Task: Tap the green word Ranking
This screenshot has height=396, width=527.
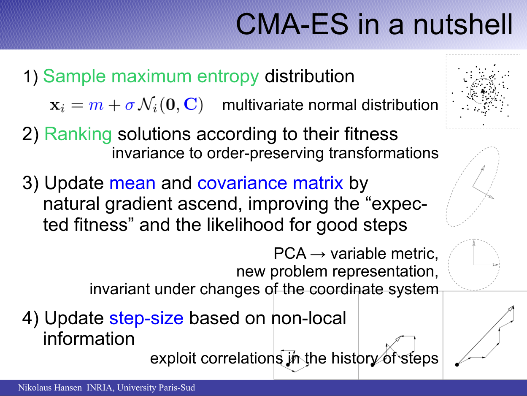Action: tap(78, 135)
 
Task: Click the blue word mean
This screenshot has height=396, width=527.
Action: tap(132, 183)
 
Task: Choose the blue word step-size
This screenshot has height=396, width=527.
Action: tap(146, 319)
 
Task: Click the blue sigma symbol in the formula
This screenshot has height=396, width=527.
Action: tap(130, 106)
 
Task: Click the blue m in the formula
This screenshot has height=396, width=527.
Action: tap(96, 106)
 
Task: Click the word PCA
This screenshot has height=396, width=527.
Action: tap(290, 253)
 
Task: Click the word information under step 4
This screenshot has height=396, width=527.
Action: tap(89, 339)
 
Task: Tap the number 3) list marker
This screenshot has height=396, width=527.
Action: tap(30, 184)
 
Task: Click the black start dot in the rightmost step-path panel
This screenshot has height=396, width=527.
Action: tap(457, 365)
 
